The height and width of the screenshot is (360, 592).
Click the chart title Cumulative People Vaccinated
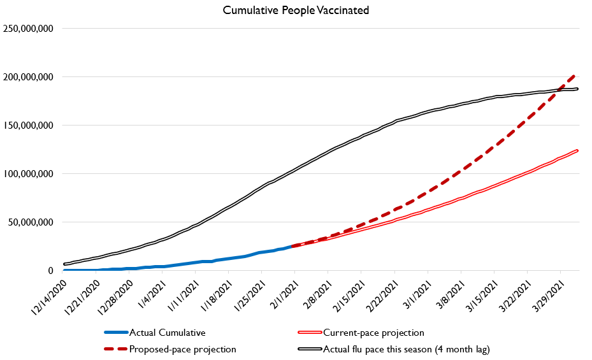pyautogui.click(x=296, y=10)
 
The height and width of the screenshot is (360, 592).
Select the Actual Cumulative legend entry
pyautogui.click(x=167, y=333)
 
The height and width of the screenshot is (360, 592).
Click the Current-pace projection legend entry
pyautogui.click(x=373, y=333)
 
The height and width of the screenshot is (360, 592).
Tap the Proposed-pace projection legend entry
pyautogui.click(x=182, y=349)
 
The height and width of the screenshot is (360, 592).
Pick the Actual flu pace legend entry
pyautogui.click(x=405, y=349)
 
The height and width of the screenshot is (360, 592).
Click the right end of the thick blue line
pyautogui.click(x=292, y=246)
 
